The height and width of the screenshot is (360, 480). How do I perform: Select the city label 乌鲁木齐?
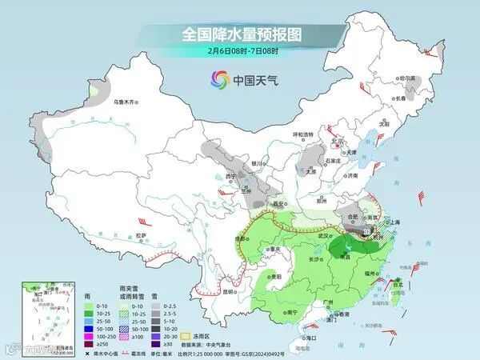(126, 102)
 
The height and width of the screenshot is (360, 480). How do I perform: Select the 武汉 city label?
(323, 236)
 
